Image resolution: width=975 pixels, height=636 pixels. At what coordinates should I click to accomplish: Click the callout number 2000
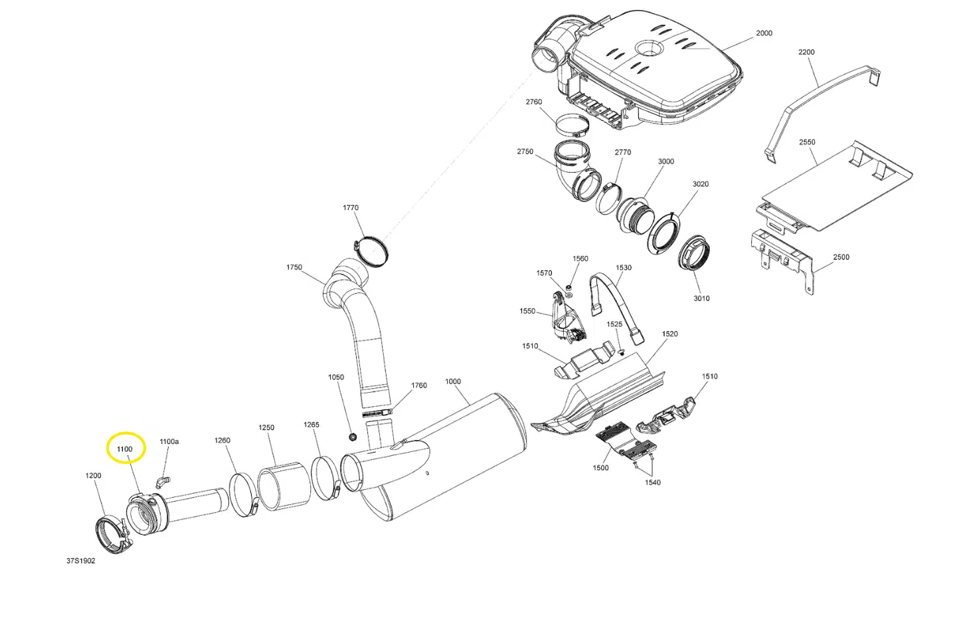point(764,33)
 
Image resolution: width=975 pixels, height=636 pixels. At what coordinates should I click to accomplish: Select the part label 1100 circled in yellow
point(125,449)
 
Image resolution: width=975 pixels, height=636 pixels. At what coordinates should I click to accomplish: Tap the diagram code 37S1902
point(80,561)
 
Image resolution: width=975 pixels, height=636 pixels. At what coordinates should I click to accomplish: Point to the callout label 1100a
point(169,441)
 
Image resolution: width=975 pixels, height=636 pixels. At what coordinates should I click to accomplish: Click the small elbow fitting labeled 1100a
point(162,480)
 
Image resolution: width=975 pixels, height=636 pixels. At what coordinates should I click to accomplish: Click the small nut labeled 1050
point(353,437)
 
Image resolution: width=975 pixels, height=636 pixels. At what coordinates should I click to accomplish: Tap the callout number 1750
point(294,267)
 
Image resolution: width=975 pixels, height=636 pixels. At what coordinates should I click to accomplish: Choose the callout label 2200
point(806,52)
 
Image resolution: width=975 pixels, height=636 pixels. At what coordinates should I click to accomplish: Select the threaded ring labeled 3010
point(694,253)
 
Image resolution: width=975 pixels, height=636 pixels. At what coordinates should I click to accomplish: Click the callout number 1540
point(652,482)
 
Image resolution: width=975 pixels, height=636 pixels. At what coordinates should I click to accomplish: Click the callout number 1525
point(614,324)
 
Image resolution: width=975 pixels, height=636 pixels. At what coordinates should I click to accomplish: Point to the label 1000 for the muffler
point(453,381)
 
